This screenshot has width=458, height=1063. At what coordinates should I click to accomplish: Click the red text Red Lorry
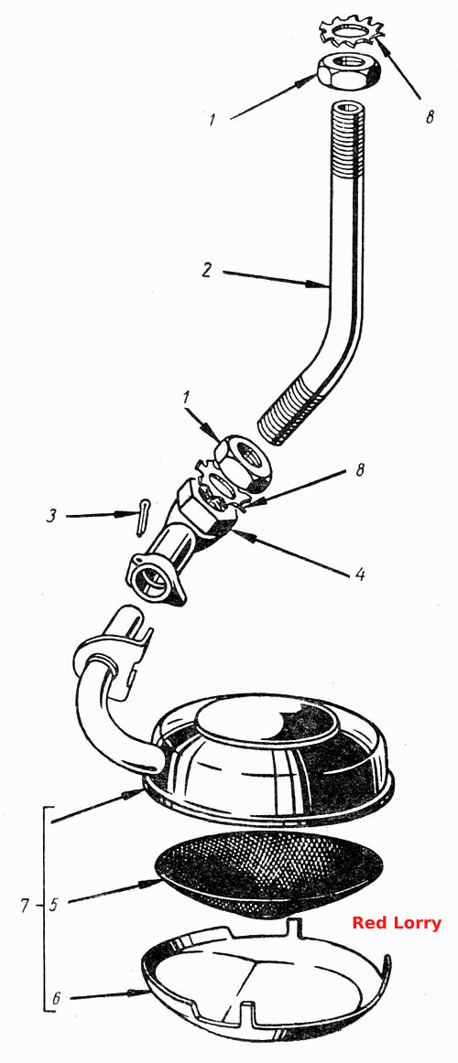pos(397,923)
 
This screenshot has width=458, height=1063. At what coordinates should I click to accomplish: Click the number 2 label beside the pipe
pos(208,271)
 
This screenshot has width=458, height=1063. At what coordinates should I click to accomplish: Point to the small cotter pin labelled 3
pos(141,517)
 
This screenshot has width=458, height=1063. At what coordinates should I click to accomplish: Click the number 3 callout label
pos(52,517)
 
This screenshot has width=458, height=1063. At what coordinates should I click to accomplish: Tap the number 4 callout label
pos(360,574)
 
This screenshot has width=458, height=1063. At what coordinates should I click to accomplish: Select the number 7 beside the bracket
pos(26,905)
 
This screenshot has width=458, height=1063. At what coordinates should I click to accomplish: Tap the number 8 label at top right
pos(429,116)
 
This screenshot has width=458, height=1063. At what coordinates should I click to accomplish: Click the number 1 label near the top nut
pos(213,121)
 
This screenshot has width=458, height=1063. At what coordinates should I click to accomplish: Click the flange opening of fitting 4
pos(155,580)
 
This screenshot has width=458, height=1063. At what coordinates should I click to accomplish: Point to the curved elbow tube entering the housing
pos(102,712)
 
